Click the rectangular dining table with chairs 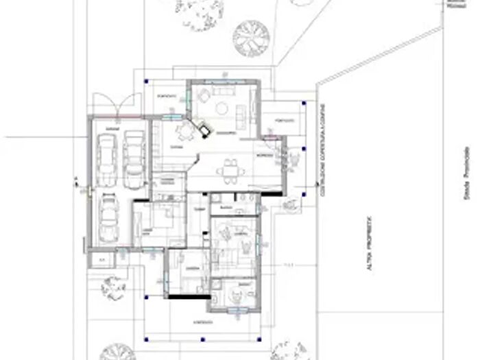229,169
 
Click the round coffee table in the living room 221,108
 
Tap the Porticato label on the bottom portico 202,321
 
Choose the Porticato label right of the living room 284,121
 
